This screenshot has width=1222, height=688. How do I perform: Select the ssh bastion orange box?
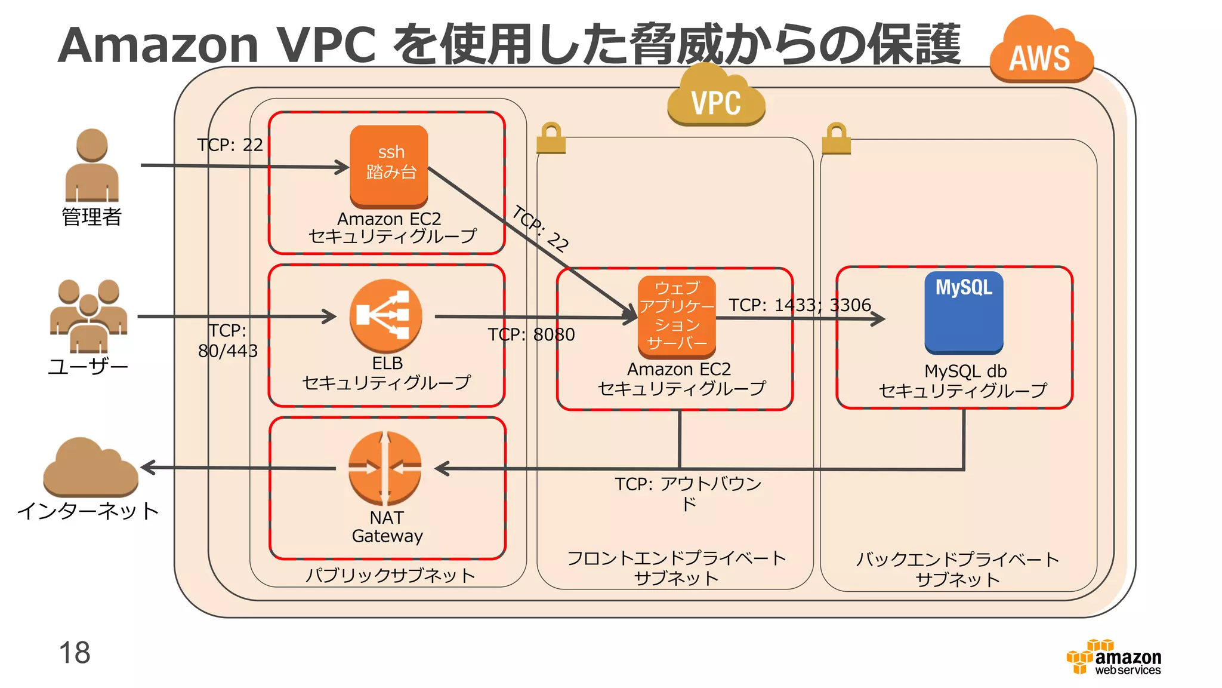[x=389, y=164]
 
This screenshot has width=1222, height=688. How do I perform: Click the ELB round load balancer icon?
[x=385, y=316]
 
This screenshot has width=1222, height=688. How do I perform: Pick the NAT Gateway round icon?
[x=385, y=468]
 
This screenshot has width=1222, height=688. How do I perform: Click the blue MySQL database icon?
[x=964, y=312]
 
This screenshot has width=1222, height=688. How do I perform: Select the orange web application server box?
[x=677, y=316]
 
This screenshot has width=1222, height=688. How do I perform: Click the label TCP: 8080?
[x=531, y=334]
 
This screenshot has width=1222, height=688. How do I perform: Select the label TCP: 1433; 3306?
[x=800, y=305]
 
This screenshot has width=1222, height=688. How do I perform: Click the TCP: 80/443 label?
[x=228, y=340]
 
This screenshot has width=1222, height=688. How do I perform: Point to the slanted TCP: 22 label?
[x=541, y=228]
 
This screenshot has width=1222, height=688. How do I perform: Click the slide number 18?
[x=75, y=652]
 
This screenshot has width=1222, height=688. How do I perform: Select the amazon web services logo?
[x=1115, y=658]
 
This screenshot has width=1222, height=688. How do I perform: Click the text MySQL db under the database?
[x=965, y=371]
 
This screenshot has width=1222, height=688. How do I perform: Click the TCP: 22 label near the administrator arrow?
[x=230, y=145]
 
